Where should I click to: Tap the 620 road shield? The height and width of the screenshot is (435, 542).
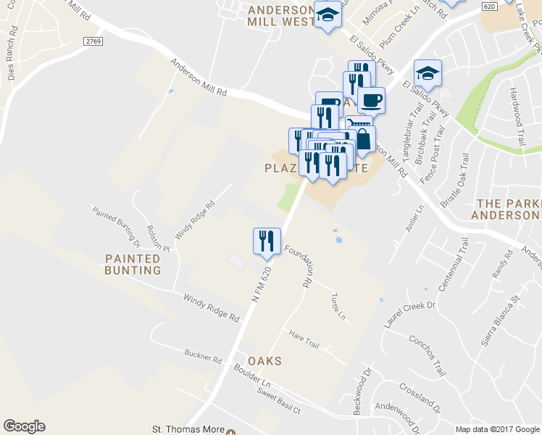coord(490,6)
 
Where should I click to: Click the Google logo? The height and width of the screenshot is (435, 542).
coord(24,426)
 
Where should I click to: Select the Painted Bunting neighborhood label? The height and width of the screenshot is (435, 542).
coord(133,264)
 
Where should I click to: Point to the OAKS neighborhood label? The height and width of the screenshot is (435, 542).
coord(264,360)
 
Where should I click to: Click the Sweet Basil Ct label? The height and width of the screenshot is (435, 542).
coord(278,400)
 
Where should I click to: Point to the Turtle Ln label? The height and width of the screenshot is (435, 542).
coord(338,307)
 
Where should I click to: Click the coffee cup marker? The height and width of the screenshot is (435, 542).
coord(371,100)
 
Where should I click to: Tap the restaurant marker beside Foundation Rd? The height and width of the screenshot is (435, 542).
coord(267,241)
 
